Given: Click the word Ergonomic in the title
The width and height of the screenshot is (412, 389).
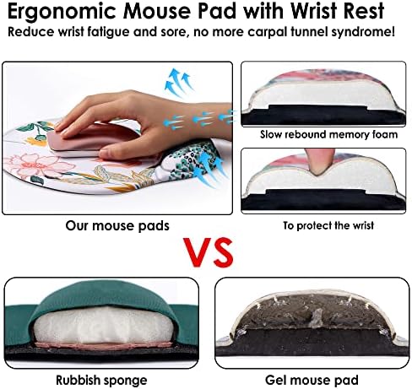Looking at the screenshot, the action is click(62, 12).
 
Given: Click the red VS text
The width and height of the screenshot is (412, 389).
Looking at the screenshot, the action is click(209, 252).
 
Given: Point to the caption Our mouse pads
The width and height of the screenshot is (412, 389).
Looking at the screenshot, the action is click(117, 226).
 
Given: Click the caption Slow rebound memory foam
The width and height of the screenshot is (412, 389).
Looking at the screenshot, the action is click(328, 134).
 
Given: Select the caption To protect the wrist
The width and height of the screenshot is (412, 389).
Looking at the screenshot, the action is click(328, 225).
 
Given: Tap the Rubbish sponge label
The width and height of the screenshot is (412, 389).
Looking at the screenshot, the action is click(101, 381).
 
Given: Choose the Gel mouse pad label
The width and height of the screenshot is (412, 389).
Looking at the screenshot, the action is click(312, 381).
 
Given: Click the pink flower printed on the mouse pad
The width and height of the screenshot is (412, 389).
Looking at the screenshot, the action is click(38, 166).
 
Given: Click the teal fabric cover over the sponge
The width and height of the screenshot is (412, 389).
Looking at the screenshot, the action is click(104, 297).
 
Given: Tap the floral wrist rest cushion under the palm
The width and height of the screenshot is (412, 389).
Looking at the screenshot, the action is click(187, 163).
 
